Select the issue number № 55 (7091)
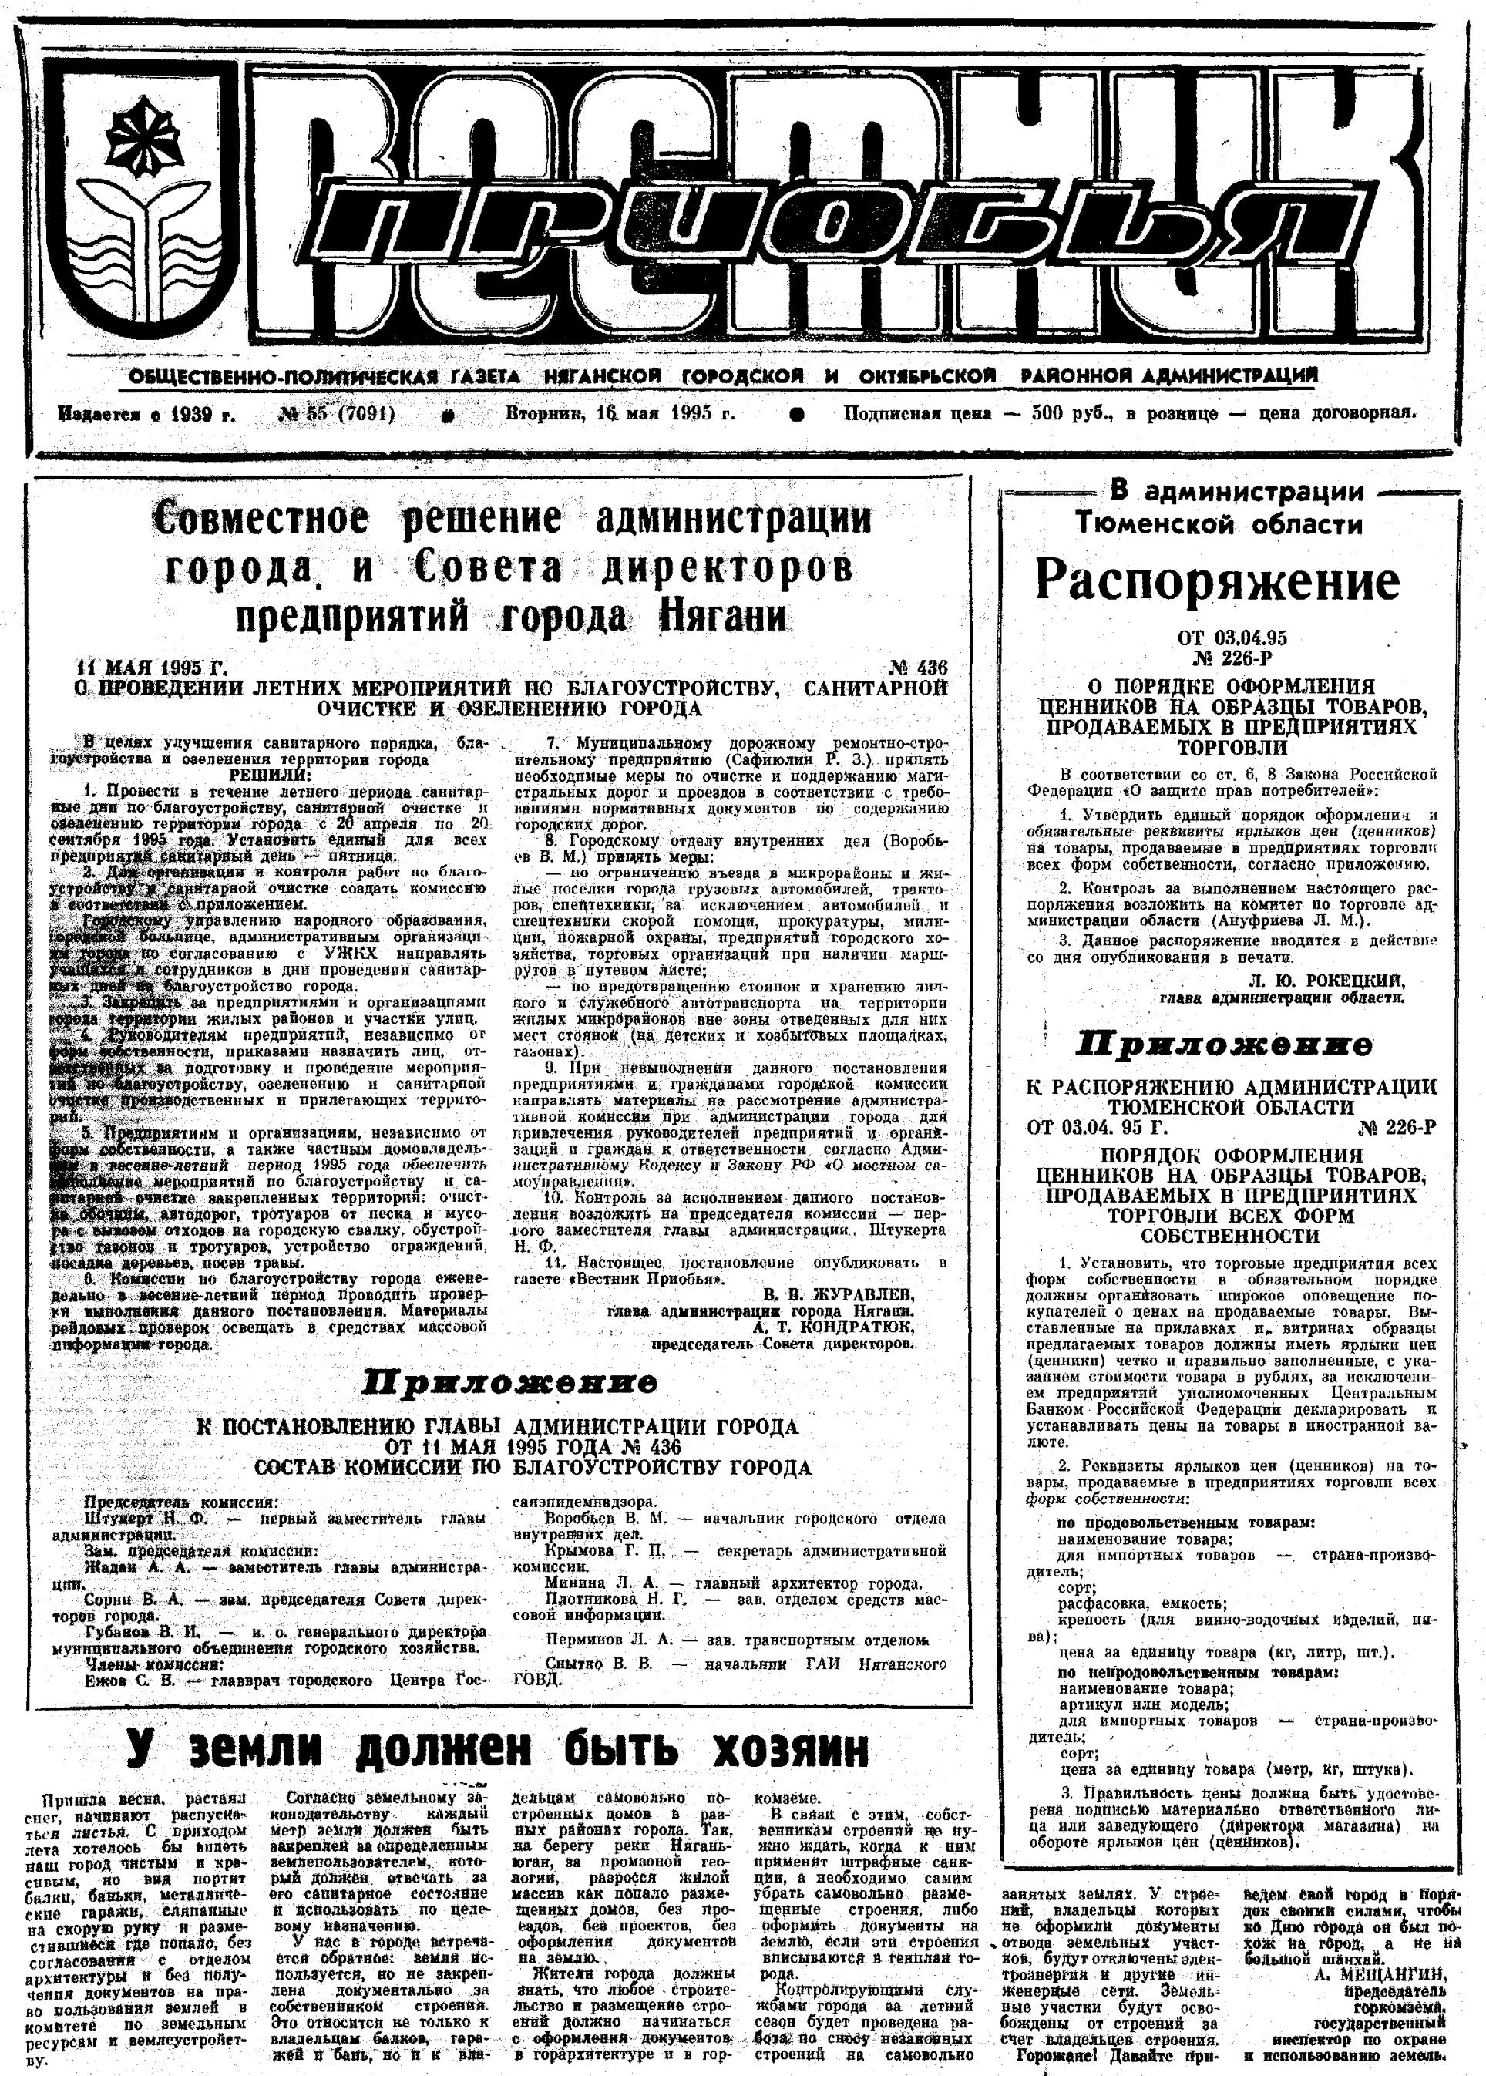tap(336, 413)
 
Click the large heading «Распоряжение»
tap(1218, 582)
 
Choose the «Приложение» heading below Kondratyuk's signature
tap(509, 1382)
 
